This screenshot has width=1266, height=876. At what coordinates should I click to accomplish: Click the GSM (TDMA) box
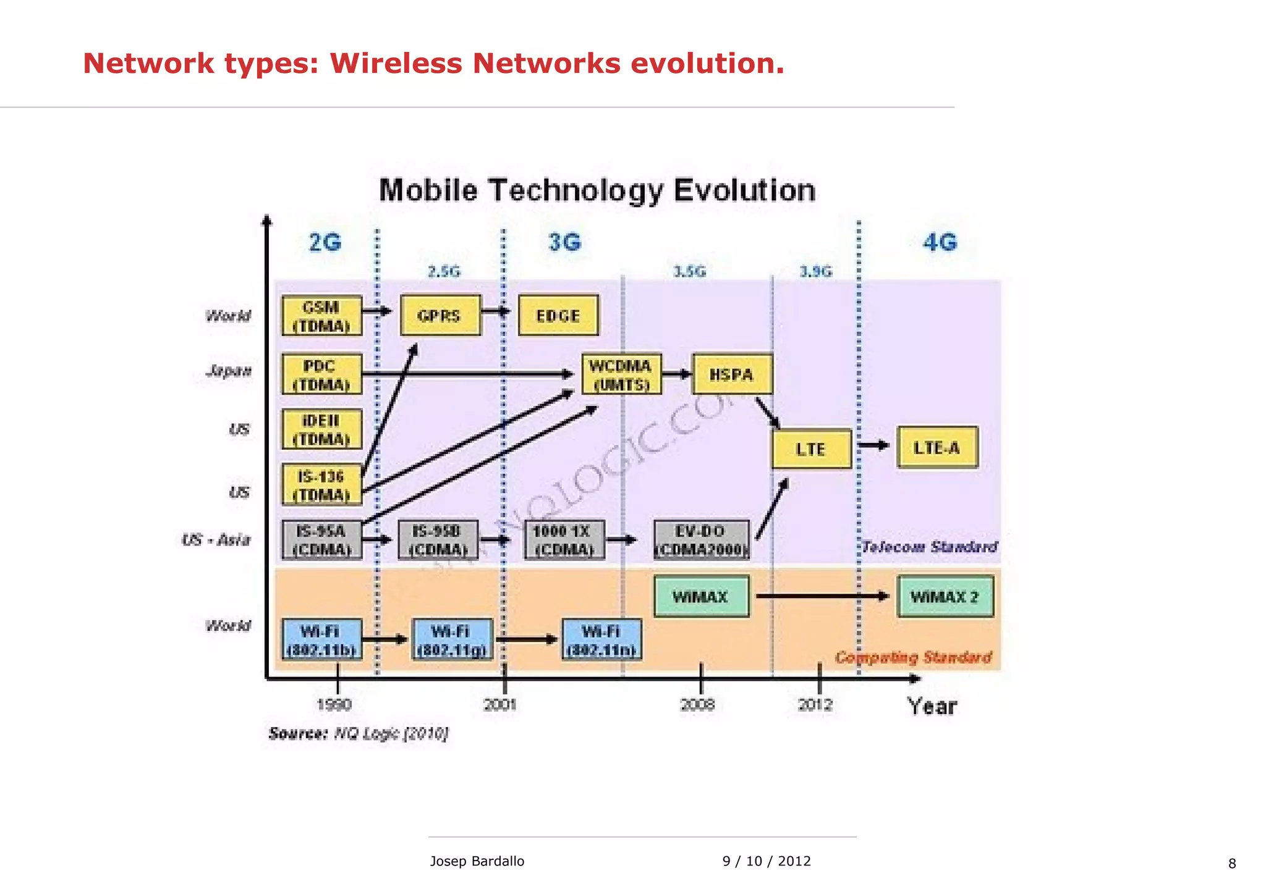[x=321, y=316]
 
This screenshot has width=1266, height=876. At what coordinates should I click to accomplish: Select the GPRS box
[x=440, y=316]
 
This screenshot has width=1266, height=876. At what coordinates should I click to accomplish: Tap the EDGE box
[x=558, y=316]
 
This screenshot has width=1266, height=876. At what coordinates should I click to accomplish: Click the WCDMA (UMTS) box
[x=621, y=374]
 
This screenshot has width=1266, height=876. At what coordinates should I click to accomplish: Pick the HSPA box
[x=732, y=374]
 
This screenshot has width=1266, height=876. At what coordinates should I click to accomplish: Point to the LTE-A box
[x=937, y=448]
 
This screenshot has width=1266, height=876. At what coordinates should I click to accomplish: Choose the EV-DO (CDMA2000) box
[x=701, y=540]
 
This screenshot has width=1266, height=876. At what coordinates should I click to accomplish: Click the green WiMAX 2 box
[x=945, y=597]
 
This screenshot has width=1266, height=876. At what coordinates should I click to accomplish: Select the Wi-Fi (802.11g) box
[x=452, y=640]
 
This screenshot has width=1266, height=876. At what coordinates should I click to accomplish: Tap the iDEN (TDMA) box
[x=321, y=429]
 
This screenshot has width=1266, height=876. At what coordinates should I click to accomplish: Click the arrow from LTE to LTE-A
[x=874, y=445]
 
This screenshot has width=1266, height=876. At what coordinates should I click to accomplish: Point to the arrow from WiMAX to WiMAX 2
[x=822, y=596]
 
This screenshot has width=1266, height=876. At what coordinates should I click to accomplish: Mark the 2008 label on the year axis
[x=698, y=704]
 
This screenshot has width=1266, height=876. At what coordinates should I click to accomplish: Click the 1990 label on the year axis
[x=334, y=704]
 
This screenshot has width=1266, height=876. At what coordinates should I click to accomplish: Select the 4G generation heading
[x=940, y=242]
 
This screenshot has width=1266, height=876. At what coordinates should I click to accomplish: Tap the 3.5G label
[x=689, y=272]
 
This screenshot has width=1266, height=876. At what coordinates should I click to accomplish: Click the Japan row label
[x=229, y=371]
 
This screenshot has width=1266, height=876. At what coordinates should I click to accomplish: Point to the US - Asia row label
[x=216, y=540]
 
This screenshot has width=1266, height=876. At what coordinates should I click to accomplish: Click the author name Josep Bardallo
[x=477, y=861]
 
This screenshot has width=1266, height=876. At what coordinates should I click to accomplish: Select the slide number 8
[x=1231, y=864]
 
